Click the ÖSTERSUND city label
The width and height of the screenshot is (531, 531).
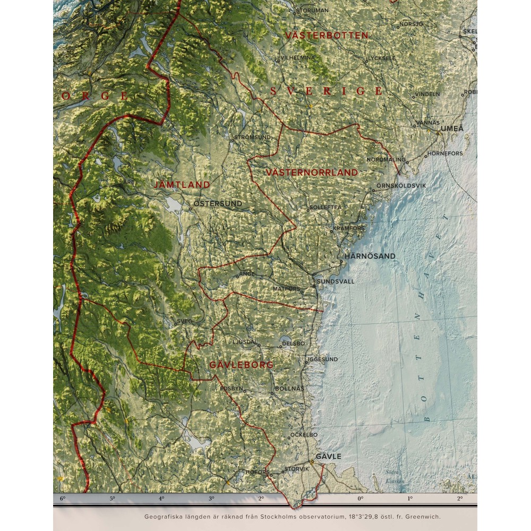tap(218, 203)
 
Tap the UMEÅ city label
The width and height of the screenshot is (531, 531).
tap(452, 129)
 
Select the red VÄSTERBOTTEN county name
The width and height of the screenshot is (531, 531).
tap(327, 36)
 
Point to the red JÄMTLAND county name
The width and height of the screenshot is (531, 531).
tap(182, 185)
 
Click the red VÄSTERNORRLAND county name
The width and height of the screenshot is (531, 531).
tap(312, 173)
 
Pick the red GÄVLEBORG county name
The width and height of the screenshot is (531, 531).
tap(242, 365)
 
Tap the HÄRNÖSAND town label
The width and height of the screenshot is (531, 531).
tap(370, 256)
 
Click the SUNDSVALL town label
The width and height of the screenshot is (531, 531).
tap(335, 281)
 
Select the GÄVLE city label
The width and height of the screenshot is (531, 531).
tap(329, 456)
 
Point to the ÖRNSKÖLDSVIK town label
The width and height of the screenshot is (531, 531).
tap(401, 186)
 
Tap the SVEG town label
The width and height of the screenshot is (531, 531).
tap(184, 321)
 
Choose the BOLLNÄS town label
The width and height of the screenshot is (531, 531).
tap(290, 389)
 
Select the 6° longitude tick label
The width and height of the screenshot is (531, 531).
tap(63, 499)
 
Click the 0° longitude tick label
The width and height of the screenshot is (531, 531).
tap(361, 499)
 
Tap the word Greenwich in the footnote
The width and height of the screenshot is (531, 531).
tap(423, 516)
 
